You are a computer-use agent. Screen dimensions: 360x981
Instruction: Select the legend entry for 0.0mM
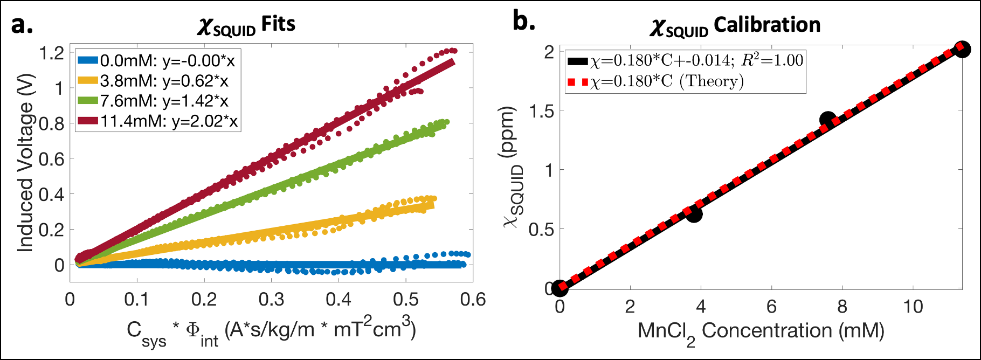156,60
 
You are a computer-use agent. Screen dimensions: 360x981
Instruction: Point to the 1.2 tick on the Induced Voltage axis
52,53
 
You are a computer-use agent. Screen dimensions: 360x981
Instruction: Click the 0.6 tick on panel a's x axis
473,300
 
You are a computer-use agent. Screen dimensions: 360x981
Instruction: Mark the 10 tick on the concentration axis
913,307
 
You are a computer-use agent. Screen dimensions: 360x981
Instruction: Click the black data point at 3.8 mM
694,213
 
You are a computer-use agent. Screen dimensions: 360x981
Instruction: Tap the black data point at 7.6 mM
828,120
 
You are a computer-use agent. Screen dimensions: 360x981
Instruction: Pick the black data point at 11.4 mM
962,50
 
